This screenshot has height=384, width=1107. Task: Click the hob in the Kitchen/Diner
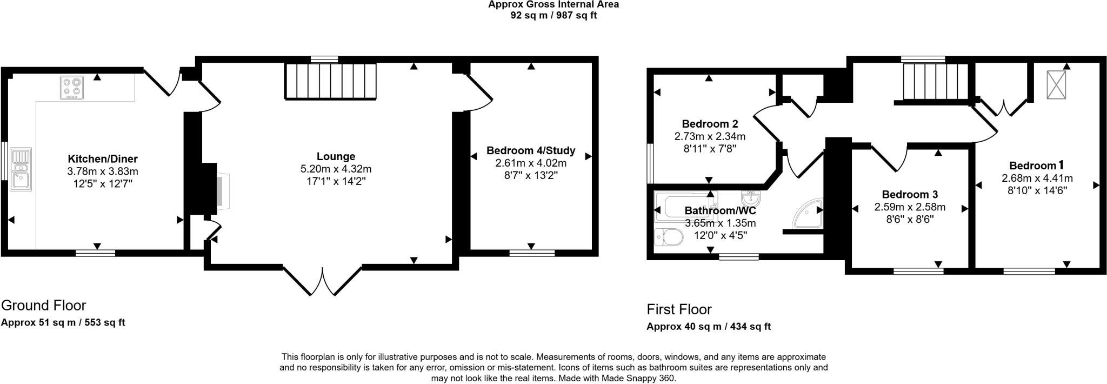tap(72, 88)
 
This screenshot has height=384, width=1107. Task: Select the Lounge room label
tap(336, 156)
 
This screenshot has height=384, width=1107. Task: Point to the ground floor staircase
tap(330, 81)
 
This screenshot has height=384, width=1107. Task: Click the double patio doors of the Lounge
tap(323, 281)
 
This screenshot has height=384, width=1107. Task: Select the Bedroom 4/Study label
tap(530, 150)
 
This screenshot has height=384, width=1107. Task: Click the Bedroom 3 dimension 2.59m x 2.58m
tap(910, 207)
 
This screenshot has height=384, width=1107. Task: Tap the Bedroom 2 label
tap(709, 124)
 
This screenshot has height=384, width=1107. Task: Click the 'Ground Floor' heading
tap(43, 306)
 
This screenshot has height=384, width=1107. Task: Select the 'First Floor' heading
tap(679, 309)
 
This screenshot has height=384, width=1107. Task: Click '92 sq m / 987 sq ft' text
tap(553, 15)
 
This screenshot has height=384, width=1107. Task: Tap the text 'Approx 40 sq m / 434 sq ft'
tap(708, 326)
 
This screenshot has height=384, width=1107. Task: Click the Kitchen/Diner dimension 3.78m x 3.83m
tap(103, 171)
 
